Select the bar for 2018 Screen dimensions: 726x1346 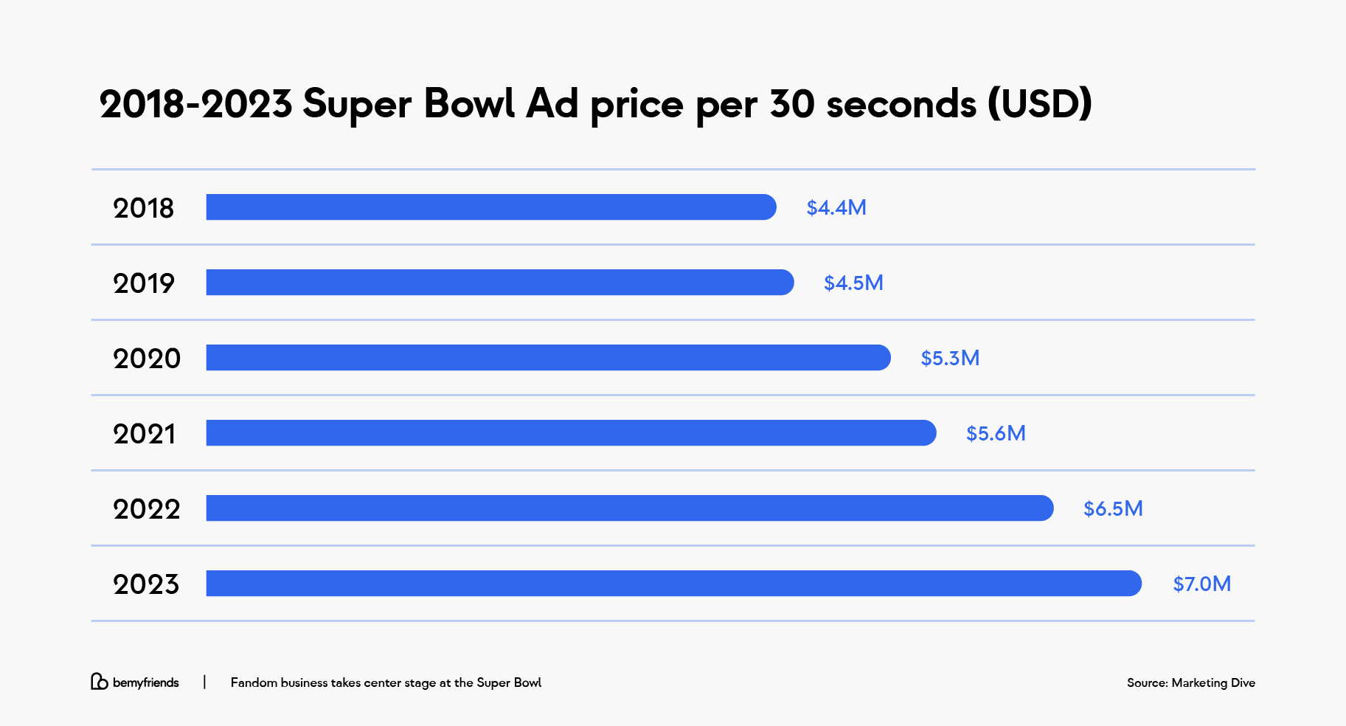click(x=490, y=207)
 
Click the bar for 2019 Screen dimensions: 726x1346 click(x=499, y=283)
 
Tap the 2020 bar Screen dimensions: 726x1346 click(x=548, y=358)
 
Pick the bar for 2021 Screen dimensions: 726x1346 click(x=571, y=433)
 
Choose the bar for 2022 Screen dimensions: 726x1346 click(x=629, y=508)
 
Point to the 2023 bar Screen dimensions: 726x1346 click(x=673, y=584)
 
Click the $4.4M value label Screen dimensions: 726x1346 click(x=836, y=208)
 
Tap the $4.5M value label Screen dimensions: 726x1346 click(x=853, y=283)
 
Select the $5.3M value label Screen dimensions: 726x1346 click(x=950, y=359)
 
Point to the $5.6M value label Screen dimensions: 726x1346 click(x=996, y=434)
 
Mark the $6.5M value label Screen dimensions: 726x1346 click(x=1113, y=509)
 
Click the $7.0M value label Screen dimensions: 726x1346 click(x=1201, y=584)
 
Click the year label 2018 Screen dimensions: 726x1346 click(x=143, y=209)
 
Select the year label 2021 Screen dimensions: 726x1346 click(x=145, y=435)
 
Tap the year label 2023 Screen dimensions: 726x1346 click(x=146, y=585)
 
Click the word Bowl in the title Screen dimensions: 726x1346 click(x=468, y=103)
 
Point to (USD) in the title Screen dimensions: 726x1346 click(x=1040, y=103)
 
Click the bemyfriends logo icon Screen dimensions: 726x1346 click(x=99, y=682)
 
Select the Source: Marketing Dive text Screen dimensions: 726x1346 click(x=1190, y=683)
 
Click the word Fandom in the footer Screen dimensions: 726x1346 click(x=254, y=683)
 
